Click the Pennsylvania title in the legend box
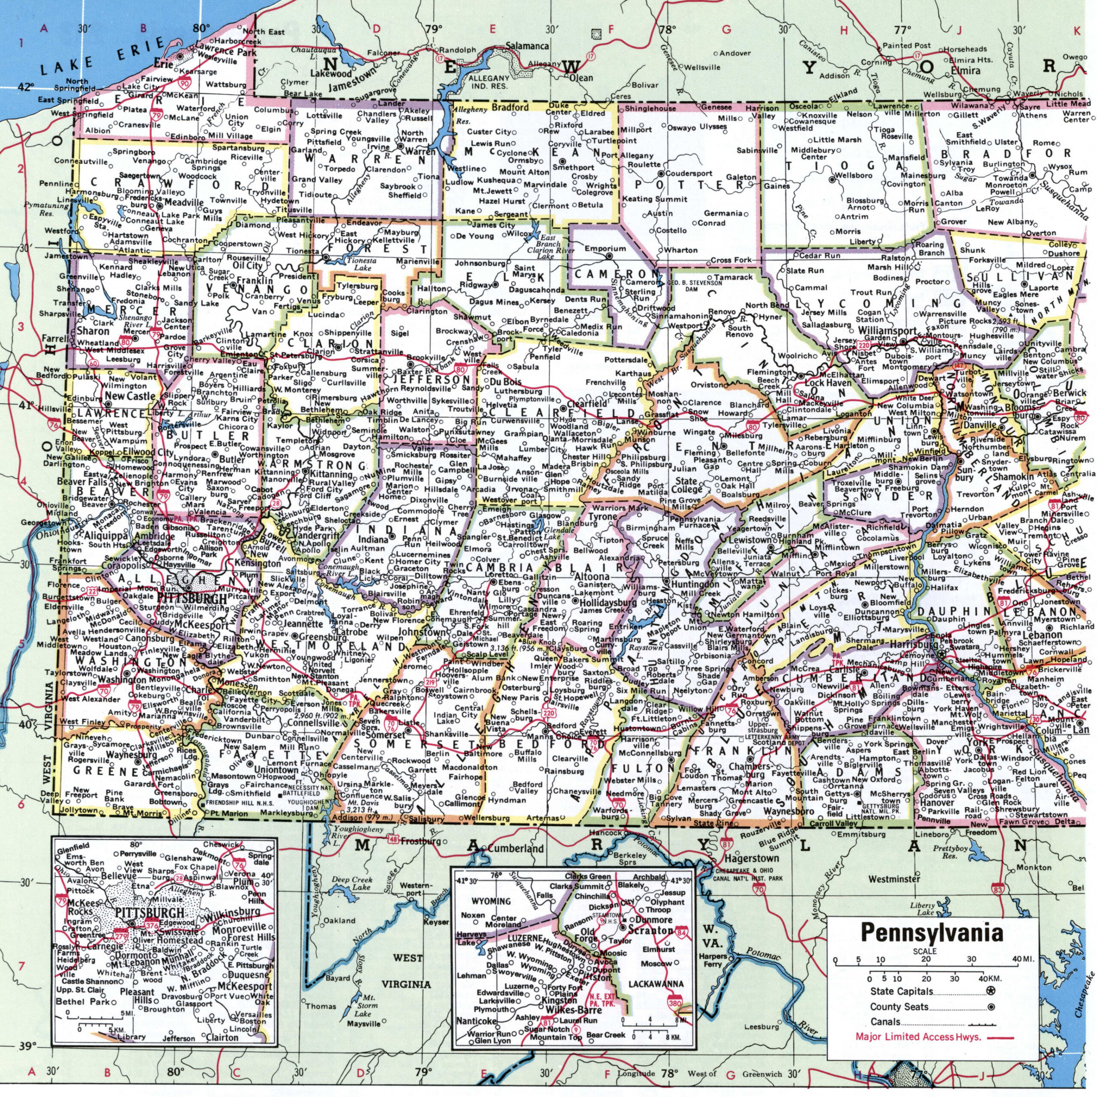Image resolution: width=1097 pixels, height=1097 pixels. [932, 933]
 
